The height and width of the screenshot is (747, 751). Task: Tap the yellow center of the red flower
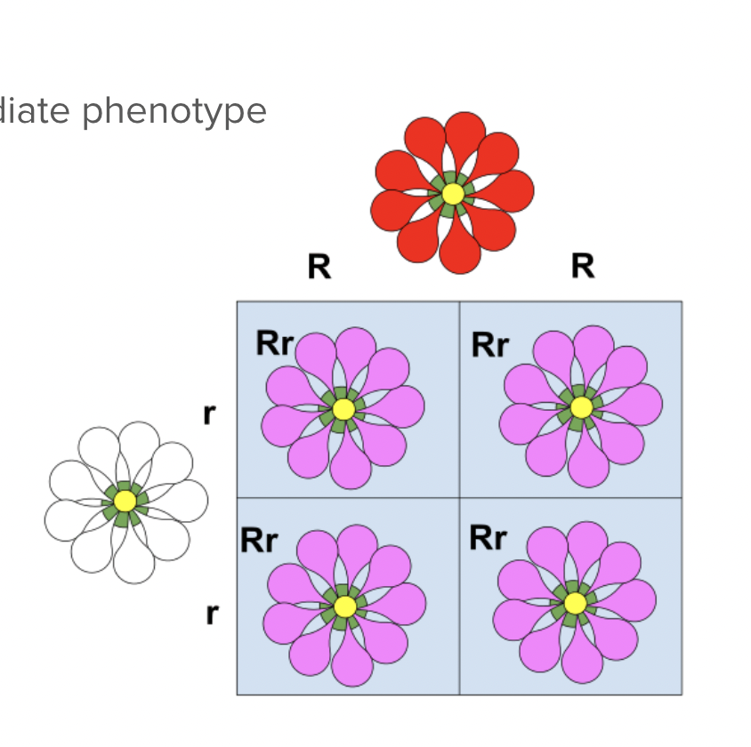pyautogui.click(x=452, y=193)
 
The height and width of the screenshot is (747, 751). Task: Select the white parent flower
pyautogui.click(x=125, y=502)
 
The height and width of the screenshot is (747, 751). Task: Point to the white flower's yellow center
pyautogui.click(x=125, y=502)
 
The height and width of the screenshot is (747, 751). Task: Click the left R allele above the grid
pyautogui.click(x=319, y=266)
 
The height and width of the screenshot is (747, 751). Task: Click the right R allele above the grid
pyautogui.click(x=583, y=265)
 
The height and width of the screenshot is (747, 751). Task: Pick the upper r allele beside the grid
pyautogui.click(x=210, y=414)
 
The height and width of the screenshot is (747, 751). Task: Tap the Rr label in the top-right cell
pyautogui.click(x=489, y=344)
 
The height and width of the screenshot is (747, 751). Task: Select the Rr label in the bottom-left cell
pyautogui.click(x=258, y=541)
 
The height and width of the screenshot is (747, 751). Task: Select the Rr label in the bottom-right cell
pyautogui.click(x=488, y=537)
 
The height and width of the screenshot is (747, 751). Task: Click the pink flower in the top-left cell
pyautogui.click(x=343, y=408)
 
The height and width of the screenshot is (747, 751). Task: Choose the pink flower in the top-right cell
pyautogui.click(x=580, y=407)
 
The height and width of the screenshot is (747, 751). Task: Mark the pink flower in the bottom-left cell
pyautogui.click(x=345, y=606)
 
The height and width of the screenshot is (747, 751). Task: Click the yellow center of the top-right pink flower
pyautogui.click(x=580, y=407)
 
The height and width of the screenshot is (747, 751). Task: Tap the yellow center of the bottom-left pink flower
pyautogui.click(x=345, y=606)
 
